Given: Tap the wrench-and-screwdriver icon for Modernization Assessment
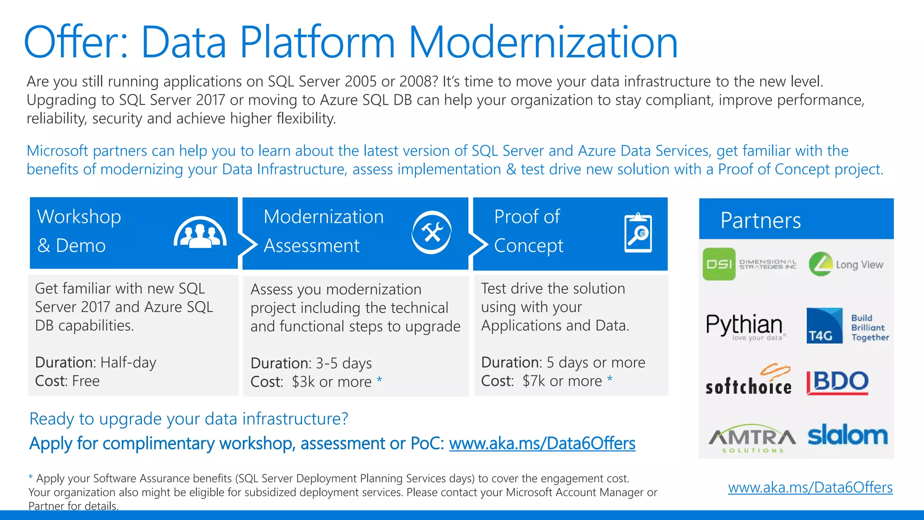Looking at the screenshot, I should tap(432, 232).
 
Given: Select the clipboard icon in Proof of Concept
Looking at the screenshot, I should tap(638, 233).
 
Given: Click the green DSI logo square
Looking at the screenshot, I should tap(719, 264).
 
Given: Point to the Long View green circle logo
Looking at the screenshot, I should tap(821, 264).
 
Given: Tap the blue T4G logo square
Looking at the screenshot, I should tap(824, 326).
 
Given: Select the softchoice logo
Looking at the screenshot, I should tap(749, 381).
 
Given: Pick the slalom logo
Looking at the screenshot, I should tap(847, 435).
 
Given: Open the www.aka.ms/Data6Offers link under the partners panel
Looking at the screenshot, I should tap(810, 487).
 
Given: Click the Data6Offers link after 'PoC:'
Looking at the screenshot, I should tap(542, 444).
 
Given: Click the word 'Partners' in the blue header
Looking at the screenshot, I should tap(760, 220).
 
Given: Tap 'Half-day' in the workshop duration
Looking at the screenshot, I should tap(128, 362).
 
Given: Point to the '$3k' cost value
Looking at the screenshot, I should tap(303, 382).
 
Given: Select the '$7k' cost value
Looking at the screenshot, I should tap(534, 381).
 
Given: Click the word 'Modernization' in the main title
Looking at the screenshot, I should tap(543, 42).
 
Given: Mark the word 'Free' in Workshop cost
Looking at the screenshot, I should tap(86, 381).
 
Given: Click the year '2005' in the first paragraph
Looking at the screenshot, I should tap(360, 82).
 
